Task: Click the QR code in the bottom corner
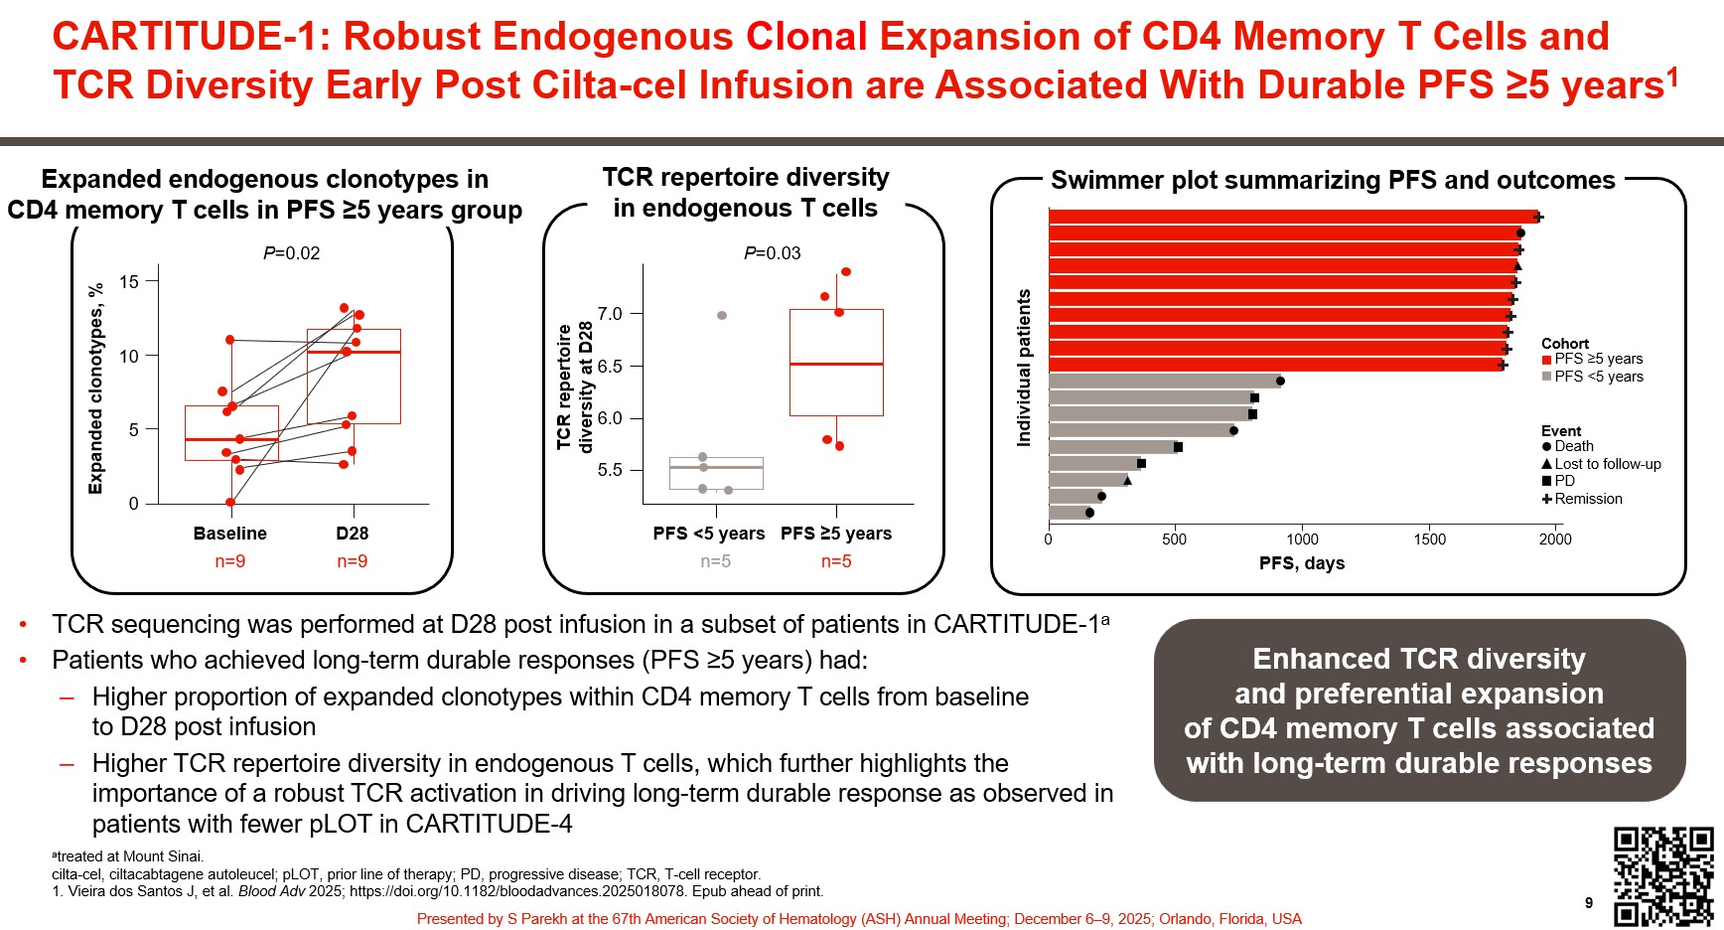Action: click(1663, 875)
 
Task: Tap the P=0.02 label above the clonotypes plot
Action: click(291, 253)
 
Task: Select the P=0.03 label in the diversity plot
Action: click(772, 253)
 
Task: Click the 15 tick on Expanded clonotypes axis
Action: click(129, 282)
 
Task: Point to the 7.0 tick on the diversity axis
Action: click(610, 314)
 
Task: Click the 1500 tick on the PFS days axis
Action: click(1429, 540)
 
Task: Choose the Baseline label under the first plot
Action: click(229, 534)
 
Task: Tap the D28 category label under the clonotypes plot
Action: click(352, 534)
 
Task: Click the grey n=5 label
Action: click(715, 561)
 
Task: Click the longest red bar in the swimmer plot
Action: click(1291, 217)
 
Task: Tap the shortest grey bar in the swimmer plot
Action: click(1069, 513)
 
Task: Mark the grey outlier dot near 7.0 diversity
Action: click(722, 315)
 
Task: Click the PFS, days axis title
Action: click(1301, 563)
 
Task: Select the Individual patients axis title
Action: click(1024, 368)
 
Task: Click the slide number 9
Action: click(1589, 902)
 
